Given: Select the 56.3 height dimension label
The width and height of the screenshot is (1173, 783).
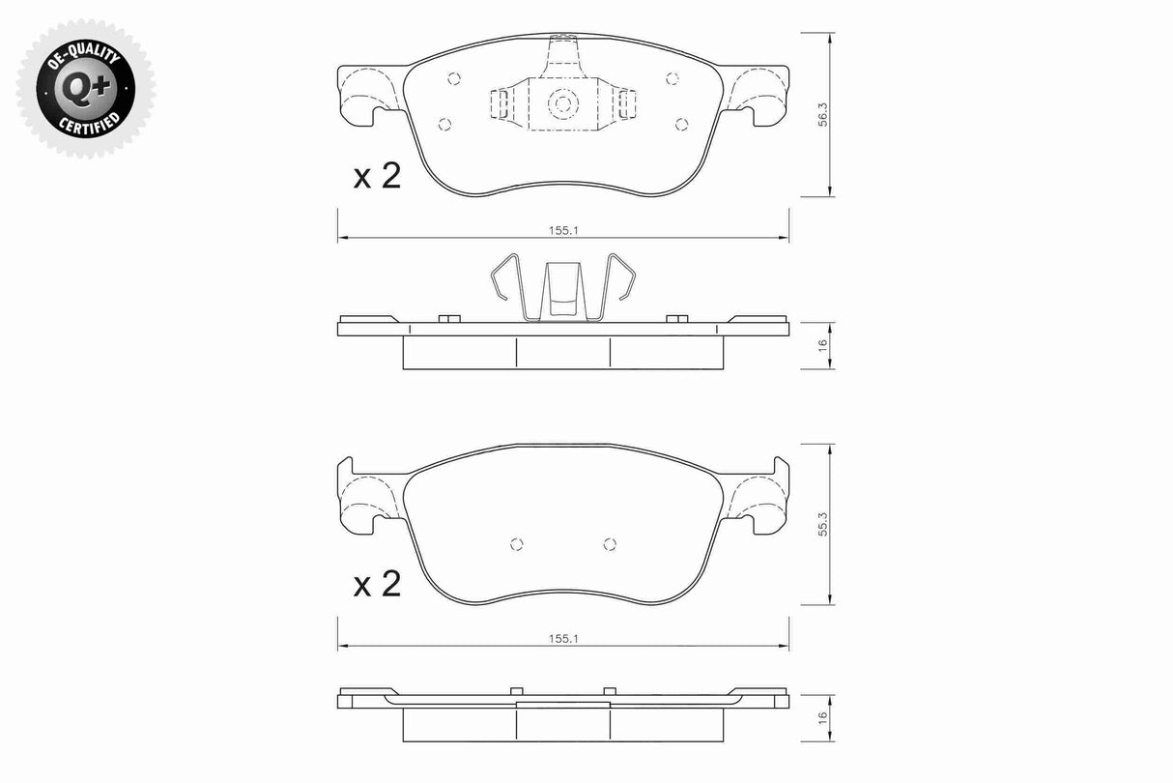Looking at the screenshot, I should point(822,115).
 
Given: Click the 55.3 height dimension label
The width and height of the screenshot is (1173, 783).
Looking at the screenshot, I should point(822,525).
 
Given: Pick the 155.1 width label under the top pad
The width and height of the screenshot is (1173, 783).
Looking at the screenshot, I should point(562,231).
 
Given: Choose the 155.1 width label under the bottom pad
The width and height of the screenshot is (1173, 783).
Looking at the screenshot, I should point(562,639).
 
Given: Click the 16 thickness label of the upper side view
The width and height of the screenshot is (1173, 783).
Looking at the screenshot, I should point(822,345).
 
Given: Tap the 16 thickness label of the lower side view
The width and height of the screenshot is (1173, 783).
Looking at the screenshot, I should point(822,717).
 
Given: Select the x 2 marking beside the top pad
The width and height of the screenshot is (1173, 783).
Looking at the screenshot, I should point(376,176).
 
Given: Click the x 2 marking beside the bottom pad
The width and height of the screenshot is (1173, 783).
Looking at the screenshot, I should point(376,584).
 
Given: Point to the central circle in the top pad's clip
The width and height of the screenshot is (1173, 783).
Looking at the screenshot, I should point(563,102).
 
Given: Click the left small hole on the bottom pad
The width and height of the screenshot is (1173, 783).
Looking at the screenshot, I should point(517,543).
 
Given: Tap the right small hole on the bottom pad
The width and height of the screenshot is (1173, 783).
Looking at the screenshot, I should point(609,543).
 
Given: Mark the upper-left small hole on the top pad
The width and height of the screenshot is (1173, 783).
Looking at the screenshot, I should point(455,80).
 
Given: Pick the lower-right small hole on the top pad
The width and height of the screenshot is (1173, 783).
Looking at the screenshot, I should point(681,123).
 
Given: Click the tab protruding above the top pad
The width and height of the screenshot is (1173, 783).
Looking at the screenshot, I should point(563,53).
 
